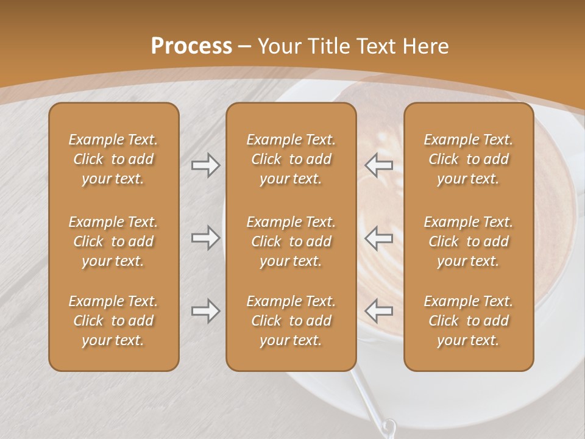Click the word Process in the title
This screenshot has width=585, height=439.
191,46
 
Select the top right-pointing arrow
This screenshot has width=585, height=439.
206,165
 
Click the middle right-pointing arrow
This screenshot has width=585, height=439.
206,238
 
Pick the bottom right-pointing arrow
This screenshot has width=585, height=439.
206,311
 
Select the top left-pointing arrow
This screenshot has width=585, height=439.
378,165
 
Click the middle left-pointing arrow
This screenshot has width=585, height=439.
378,238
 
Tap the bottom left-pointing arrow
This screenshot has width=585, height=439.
378,311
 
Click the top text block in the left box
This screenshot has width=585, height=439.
113,159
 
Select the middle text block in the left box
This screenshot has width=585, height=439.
113,241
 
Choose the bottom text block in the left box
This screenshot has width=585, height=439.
113,321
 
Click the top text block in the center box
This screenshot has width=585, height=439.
291,159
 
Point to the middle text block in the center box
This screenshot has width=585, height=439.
291,241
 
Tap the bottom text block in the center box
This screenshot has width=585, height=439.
291,321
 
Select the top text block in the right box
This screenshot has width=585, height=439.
468,159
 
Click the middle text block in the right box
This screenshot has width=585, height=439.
468,241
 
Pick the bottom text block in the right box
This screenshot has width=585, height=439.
468,321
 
